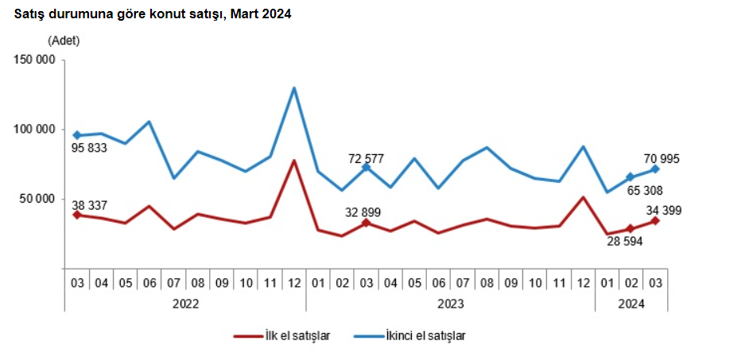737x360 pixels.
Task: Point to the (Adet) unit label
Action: (x=64, y=40)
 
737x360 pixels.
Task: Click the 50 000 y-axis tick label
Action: (x=37, y=198)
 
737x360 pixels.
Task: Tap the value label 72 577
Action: (x=366, y=158)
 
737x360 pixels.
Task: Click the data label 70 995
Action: (x=664, y=160)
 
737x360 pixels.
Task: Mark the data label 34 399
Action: (x=664, y=210)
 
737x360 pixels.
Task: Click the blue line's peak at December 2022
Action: (x=294, y=87)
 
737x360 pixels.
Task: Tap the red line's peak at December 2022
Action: (x=294, y=161)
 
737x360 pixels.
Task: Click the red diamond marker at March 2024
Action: (x=655, y=220)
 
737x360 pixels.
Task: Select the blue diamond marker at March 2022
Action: (x=77, y=135)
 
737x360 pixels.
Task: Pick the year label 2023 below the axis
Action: (x=451, y=303)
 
